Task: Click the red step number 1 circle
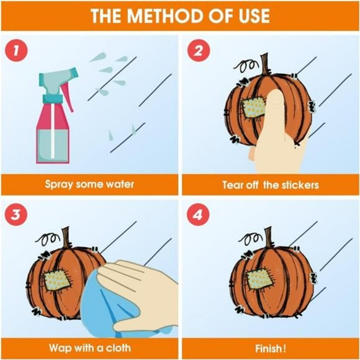coord(16,50)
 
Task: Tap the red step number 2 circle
coord(199,50)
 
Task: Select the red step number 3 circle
coord(16,215)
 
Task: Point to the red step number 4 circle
coord(198,215)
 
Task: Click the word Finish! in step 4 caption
coord(271,349)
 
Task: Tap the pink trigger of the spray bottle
coord(68,97)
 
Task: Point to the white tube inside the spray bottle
coord(53,131)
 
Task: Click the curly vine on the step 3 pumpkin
coord(47,238)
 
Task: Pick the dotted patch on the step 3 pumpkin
coord(57,280)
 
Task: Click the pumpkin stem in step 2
coord(265,65)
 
